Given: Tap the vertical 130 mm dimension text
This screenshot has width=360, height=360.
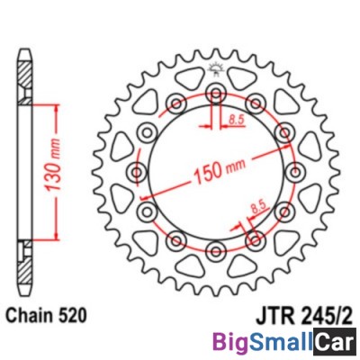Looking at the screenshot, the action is tap(54, 166).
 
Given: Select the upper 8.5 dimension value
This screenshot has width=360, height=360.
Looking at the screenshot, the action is tap(237, 120).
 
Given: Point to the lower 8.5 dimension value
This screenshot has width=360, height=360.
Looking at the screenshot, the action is tap(259, 208).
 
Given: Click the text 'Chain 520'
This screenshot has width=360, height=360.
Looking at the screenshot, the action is tap(47, 316).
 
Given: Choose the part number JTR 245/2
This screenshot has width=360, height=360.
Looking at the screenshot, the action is tap(304, 316).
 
